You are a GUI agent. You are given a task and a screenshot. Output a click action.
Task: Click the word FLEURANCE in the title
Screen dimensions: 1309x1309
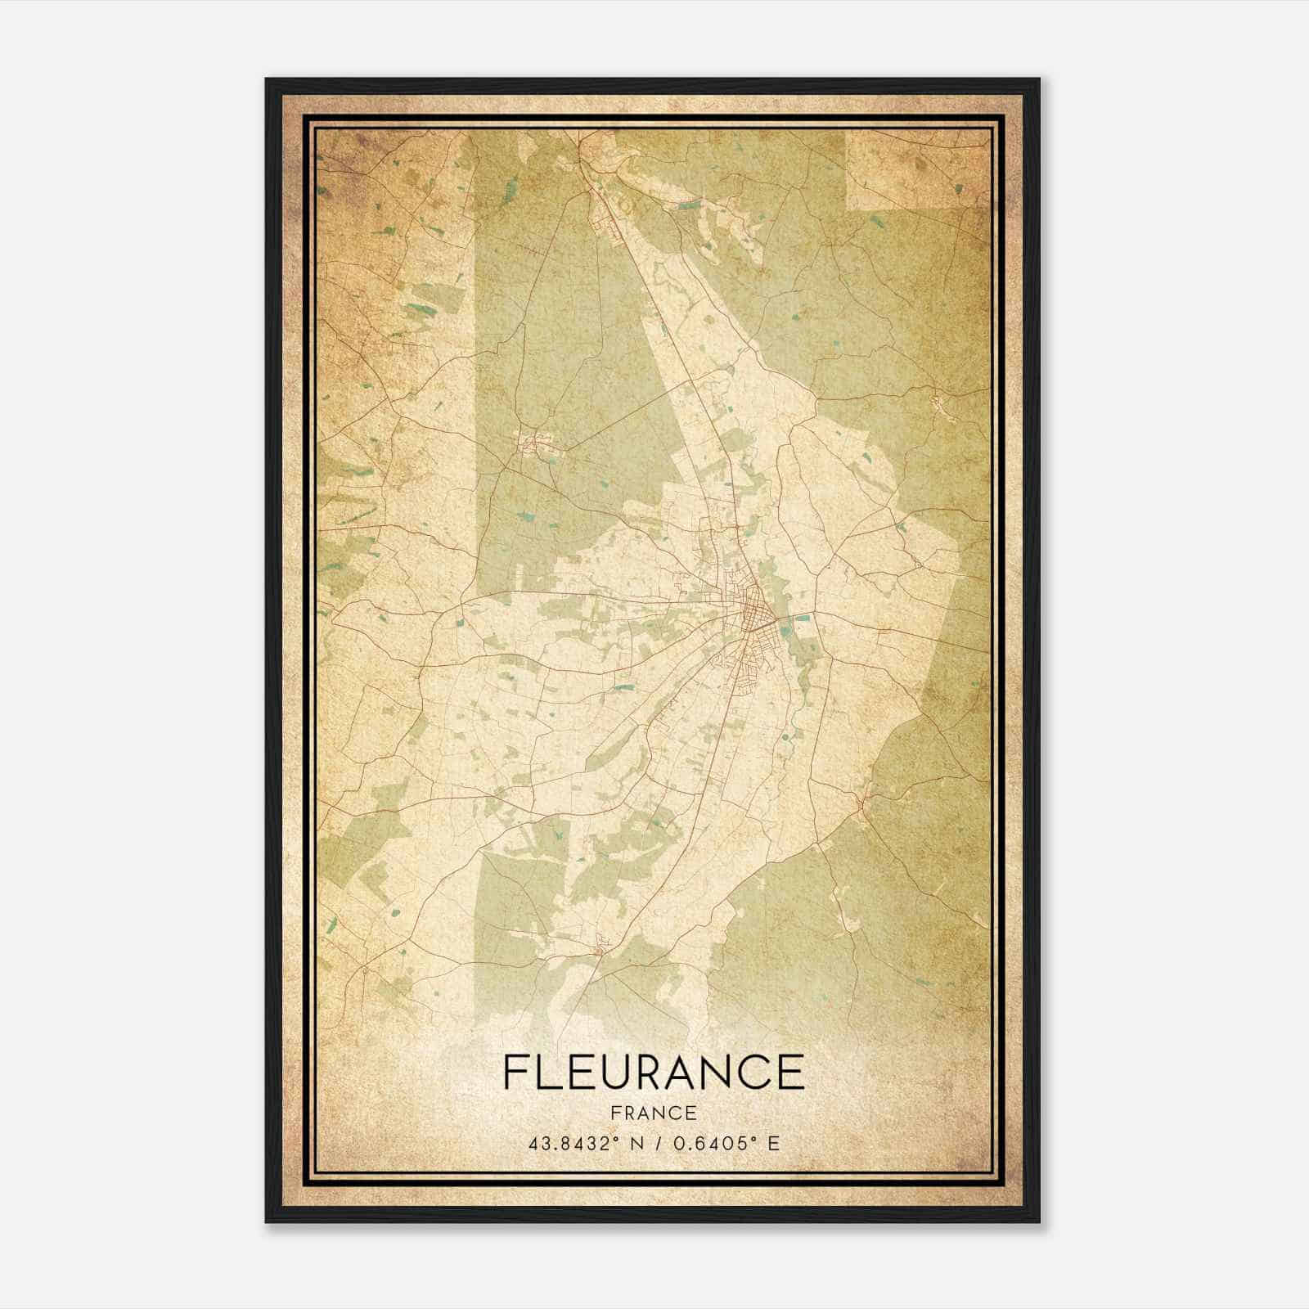click(x=653, y=1072)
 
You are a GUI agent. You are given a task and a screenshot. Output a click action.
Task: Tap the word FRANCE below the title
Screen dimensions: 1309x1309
click(x=653, y=1113)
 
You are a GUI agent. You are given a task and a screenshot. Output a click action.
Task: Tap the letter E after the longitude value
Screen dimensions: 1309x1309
click(x=773, y=1142)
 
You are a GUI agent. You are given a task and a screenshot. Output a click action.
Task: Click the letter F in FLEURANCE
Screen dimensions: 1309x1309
click(x=516, y=1072)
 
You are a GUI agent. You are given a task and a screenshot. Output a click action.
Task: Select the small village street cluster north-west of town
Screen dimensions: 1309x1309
click(x=533, y=444)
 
